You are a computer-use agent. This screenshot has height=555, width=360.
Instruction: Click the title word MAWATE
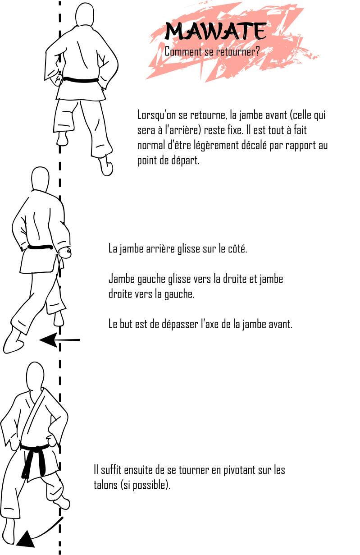216,31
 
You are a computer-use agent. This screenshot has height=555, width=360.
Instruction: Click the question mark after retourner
257,52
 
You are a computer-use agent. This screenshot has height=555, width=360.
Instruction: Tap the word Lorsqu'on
156,115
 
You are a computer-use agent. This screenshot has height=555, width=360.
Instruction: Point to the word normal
151,145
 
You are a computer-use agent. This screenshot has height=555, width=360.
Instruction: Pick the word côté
237,249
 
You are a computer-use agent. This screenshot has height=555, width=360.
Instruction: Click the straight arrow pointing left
59,340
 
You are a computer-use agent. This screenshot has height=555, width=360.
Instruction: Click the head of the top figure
85,15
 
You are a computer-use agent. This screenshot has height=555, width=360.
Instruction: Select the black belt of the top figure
81,80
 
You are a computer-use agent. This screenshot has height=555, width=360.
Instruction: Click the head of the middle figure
41,179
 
